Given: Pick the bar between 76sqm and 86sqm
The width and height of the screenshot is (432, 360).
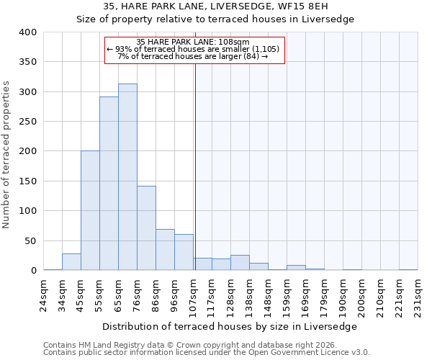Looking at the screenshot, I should [146, 228].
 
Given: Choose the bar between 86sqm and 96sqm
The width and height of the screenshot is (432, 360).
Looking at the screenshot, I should [165, 250].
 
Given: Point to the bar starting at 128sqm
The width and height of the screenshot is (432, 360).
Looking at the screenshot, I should [240, 263].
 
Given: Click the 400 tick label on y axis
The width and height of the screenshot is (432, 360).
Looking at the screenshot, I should [27, 32].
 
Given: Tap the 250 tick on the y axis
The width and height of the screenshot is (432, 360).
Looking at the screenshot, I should [27, 122].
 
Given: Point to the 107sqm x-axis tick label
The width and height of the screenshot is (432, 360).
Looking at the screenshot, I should [194, 294].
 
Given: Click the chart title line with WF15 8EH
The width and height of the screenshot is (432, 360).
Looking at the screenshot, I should [216, 6].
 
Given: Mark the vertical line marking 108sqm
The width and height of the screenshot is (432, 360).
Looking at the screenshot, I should [195, 166].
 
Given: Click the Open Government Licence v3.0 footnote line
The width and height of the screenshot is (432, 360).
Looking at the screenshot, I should [206, 353].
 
